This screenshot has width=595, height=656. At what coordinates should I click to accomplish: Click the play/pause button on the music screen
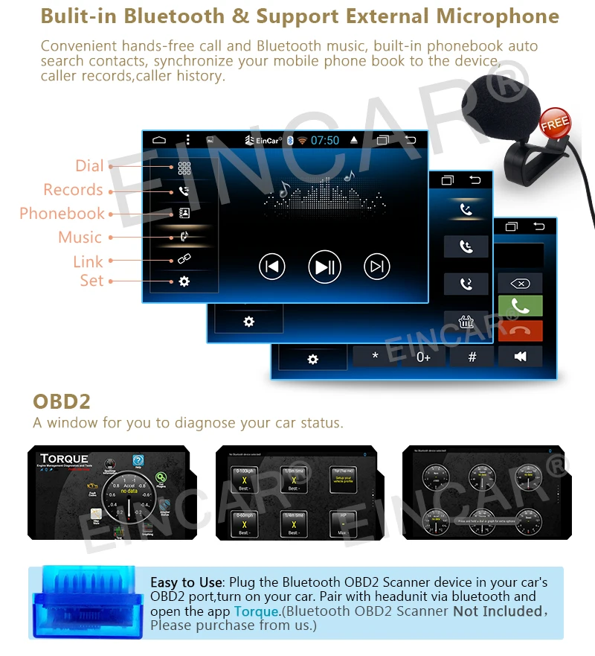click(324, 267)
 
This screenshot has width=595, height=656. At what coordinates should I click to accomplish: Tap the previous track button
click(272, 267)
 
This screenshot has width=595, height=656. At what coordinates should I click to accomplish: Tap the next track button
click(377, 267)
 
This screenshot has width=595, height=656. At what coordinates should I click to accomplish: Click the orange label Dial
click(89, 166)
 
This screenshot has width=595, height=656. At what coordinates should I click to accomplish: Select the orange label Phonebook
click(62, 214)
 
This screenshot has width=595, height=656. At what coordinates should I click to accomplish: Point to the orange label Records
click(73, 190)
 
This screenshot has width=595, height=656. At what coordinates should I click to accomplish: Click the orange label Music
click(80, 238)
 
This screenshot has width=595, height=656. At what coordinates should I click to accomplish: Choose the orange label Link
click(88, 261)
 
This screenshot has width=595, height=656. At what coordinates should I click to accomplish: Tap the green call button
click(520, 306)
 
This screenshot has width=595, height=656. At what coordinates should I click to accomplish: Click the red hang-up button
click(520, 331)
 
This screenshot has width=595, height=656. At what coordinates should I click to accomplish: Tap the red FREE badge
click(555, 124)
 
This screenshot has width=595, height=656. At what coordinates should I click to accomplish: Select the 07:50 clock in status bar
click(325, 140)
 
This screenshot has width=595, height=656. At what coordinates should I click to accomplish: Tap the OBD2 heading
click(62, 401)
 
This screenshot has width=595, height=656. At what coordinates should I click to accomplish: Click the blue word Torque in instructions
click(257, 611)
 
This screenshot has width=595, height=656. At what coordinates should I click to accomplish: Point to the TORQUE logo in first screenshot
click(64, 459)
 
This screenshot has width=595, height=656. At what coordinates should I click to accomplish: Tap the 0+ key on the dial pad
click(423, 357)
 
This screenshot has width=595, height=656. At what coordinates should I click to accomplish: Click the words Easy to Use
click(186, 582)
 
